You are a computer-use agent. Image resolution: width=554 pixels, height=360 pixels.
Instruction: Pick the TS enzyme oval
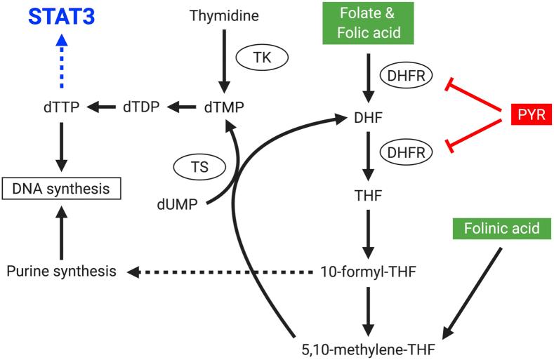[199, 168]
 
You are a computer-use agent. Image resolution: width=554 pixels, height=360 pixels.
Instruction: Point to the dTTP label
[60, 107]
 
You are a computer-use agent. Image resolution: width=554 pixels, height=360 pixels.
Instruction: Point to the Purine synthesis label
[61, 271]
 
